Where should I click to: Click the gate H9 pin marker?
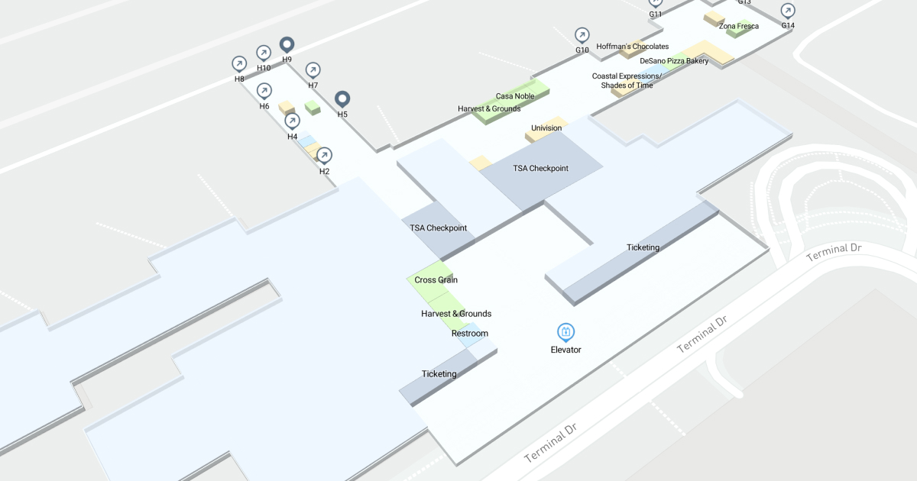pyautogui.click(x=287, y=45)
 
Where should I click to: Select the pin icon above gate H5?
pyautogui.click(x=343, y=99)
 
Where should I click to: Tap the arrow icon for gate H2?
pyautogui.click(x=324, y=156)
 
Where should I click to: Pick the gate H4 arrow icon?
pyautogui.click(x=292, y=121)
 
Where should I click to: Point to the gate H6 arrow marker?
pyautogui.click(x=264, y=91)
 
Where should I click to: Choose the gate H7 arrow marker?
pyautogui.click(x=313, y=70)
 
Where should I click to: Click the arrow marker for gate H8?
pyautogui.click(x=239, y=63)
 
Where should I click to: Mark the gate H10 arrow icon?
pyautogui.click(x=264, y=52)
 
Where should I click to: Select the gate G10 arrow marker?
pyautogui.click(x=582, y=35)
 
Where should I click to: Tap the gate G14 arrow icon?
pyautogui.click(x=788, y=11)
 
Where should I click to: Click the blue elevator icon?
pyautogui.click(x=566, y=332)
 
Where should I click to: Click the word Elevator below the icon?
pyautogui.click(x=566, y=350)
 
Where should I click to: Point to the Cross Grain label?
pyautogui.click(x=436, y=280)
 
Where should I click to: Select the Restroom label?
pyautogui.click(x=469, y=334)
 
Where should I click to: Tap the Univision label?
pyautogui.click(x=546, y=128)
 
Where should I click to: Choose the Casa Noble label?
pyautogui.click(x=515, y=96)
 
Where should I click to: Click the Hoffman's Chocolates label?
pyautogui.click(x=633, y=47)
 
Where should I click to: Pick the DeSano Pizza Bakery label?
pyautogui.click(x=674, y=61)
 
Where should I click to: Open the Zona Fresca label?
pyautogui.click(x=739, y=26)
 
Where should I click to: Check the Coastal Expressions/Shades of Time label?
pyautogui.click(x=627, y=81)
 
